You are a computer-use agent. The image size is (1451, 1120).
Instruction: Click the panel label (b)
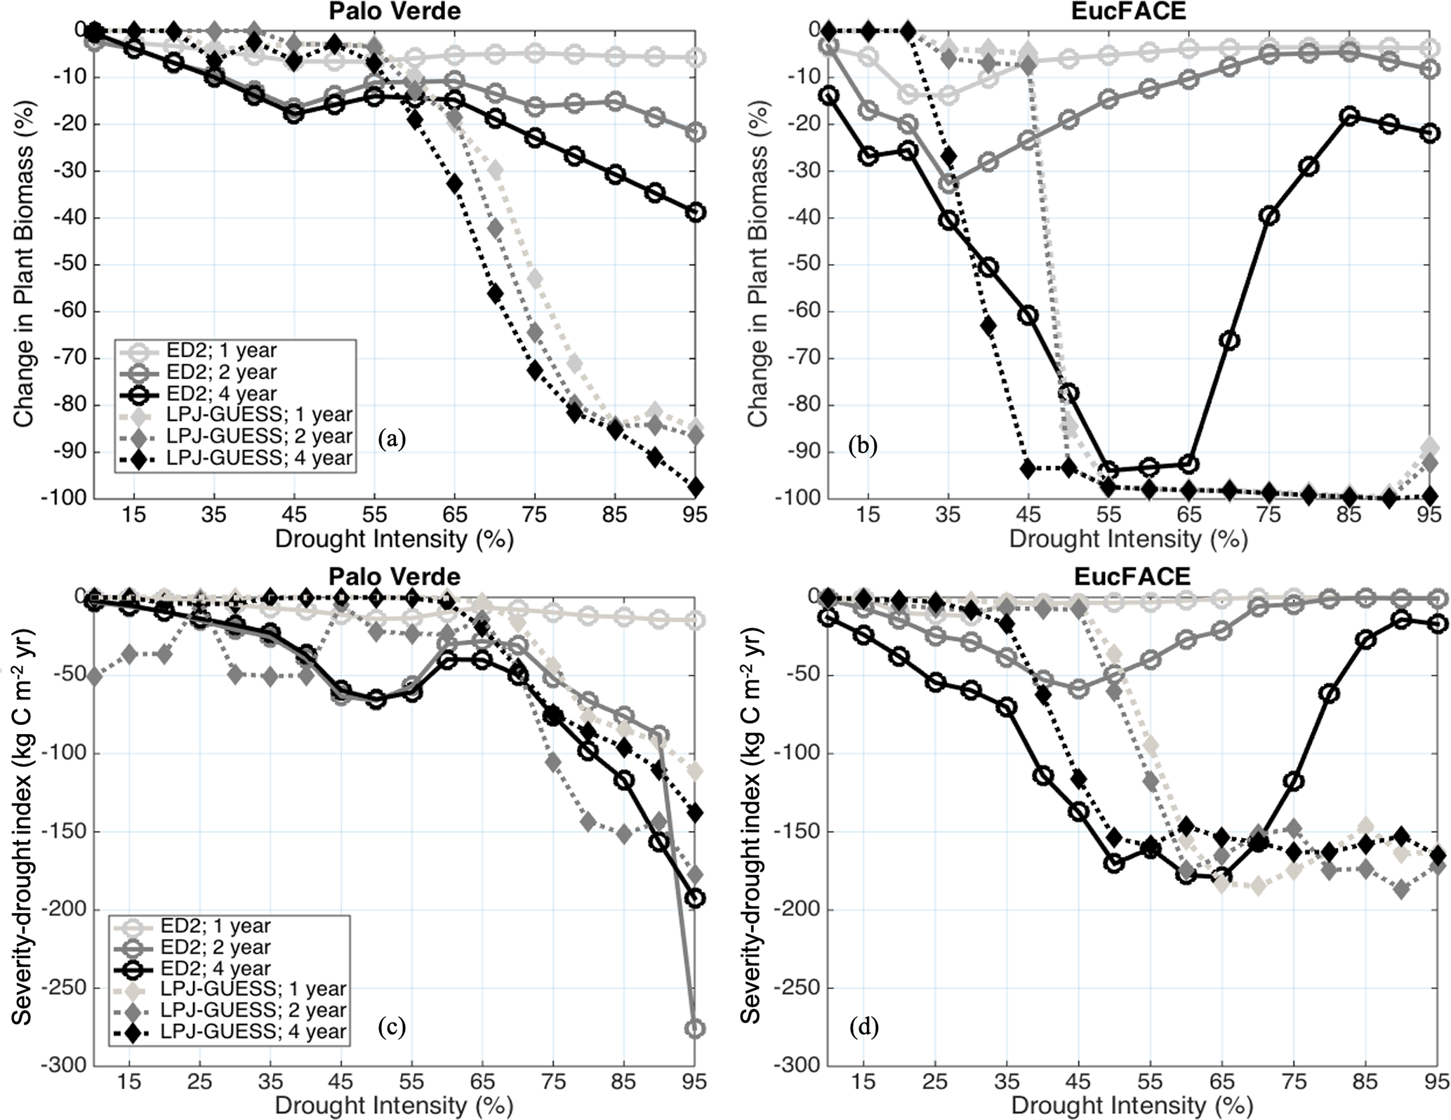(x=863, y=446)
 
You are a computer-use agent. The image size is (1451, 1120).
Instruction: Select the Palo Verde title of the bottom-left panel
(x=395, y=576)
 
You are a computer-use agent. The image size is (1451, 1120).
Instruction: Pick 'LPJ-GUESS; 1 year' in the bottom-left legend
(x=253, y=989)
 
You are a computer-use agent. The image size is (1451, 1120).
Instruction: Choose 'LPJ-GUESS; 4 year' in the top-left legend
(x=260, y=458)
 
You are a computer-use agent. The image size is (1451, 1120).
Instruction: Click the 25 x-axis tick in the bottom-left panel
(x=200, y=1081)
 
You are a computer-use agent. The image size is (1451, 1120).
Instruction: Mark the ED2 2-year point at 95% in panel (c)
(x=695, y=1029)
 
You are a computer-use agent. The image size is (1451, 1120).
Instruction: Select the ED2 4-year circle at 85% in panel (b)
(x=1349, y=116)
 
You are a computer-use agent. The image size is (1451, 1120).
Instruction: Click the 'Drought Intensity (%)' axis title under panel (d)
(x=1132, y=1106)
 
